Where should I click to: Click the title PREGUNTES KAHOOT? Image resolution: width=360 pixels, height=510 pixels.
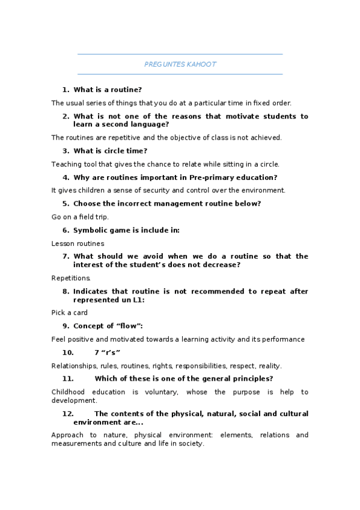click(x=180, y=64)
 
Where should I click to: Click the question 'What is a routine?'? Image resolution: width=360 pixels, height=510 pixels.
click(x=108, y=90)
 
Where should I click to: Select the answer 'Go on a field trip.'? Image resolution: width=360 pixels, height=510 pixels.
click(x=80, y=217)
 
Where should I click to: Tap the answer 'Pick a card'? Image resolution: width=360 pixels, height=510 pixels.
click(x=70, y=313)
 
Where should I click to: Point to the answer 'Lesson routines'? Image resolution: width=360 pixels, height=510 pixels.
click(x=78, y=244)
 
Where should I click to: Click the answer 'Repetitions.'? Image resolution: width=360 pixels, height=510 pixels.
click(x=71, y=278)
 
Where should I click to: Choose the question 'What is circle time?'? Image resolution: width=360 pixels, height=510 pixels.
click(x=110, y=151)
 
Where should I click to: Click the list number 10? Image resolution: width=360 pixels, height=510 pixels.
click(x=68, y=352)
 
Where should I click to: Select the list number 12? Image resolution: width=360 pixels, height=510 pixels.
click(x=68, y=414)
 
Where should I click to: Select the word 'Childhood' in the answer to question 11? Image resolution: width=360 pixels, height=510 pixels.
click(x=69, y=392)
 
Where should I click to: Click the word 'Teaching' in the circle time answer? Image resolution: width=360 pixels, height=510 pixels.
click(x=66, y=164)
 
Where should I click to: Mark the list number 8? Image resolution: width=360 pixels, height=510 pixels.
click(x=66, y=292)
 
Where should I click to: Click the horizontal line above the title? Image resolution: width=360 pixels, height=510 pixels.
click(x=180, y=54)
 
